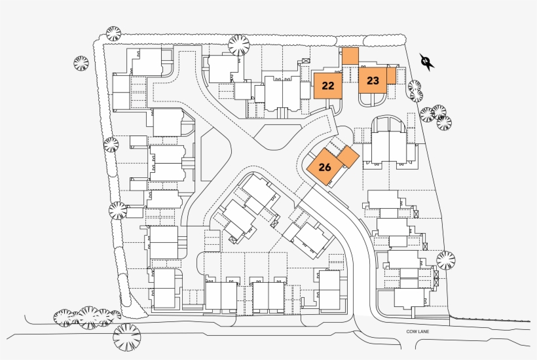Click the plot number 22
329,85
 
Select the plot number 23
373,81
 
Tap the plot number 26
325,166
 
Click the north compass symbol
428,62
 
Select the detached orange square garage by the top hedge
350,56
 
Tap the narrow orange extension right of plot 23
391,76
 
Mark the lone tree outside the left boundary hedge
81,63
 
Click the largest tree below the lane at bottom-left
126,338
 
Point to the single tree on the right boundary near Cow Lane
445,260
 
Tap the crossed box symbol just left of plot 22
306,62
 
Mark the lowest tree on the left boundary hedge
117,210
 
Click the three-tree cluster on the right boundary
436,117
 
